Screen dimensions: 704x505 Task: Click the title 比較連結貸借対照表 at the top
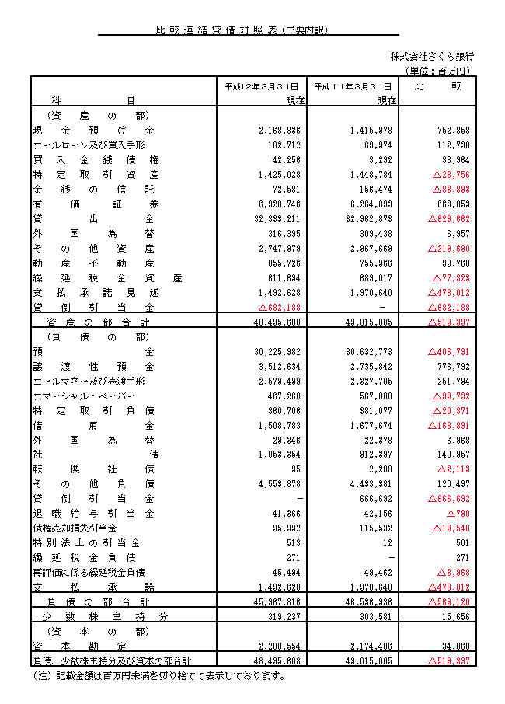[242, 30]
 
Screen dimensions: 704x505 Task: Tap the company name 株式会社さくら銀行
[433, 57]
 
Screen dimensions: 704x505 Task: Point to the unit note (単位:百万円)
[439, 71]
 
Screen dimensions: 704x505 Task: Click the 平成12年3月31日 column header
[261, 86]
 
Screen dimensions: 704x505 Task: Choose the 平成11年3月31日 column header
[353, 86]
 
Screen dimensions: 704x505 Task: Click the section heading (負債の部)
[86, 336]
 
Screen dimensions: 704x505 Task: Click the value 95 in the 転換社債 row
[294, 469]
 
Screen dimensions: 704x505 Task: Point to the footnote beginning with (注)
[159, 675]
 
